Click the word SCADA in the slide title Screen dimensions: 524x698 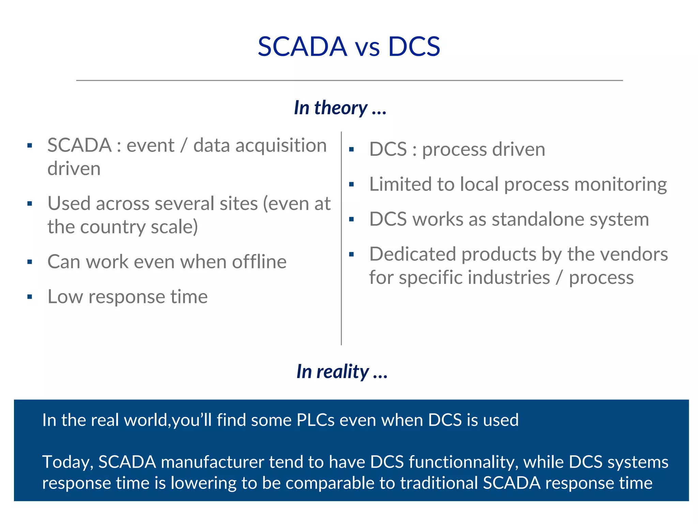tap(302, 46)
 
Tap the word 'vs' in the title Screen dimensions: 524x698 tap(367, 48)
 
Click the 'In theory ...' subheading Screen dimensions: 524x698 tap(340, 108)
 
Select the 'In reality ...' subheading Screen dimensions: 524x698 tap(342, 371)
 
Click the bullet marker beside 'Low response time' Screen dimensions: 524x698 tap(30, 297)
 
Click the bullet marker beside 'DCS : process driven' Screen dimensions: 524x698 tap(351, 149)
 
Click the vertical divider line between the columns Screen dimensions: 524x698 tap(341, 239)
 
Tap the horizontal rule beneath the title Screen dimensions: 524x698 tap(349, 81)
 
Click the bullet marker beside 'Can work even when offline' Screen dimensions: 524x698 tap(30, 262)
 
